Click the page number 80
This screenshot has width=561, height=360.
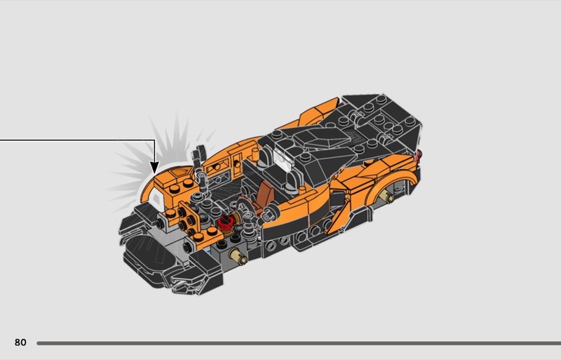20,342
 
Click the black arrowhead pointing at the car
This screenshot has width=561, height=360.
154,167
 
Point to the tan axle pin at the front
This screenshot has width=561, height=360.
238,255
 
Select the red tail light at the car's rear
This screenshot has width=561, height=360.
419,154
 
